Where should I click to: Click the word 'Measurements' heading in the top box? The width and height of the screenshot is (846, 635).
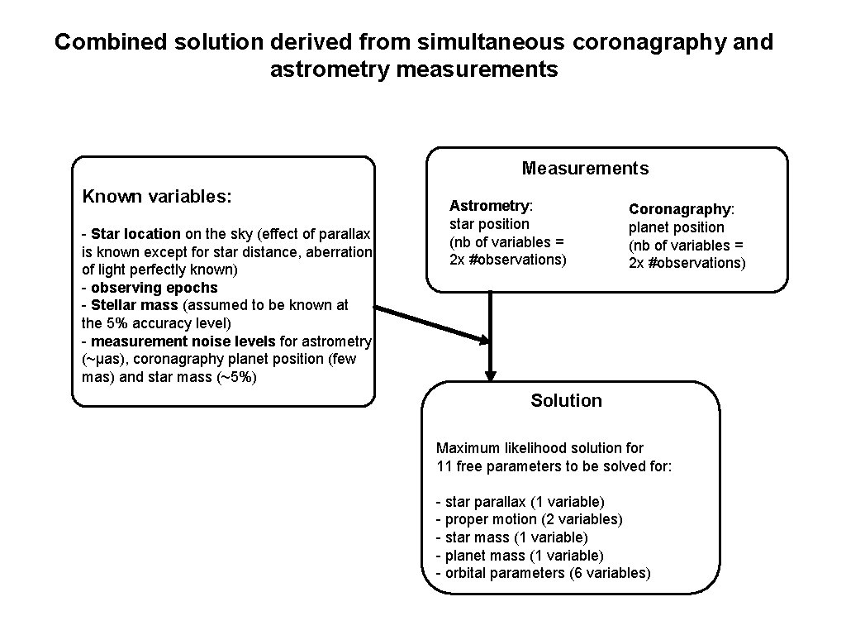coord(585,169)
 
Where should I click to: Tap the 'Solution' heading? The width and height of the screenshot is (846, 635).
coord(566,401)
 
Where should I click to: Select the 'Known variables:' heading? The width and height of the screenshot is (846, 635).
coord(157,197)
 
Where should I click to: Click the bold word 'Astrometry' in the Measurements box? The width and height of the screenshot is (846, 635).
coord(489,205)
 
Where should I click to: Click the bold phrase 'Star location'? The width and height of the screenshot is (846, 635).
coord(135,234)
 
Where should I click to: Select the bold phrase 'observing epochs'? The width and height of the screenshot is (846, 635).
coord(154,288)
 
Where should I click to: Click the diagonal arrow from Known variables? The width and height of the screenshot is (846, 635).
coord(430,324)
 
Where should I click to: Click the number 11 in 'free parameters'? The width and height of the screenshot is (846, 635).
coord(444,466)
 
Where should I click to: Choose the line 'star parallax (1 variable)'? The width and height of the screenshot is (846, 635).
coord(520,502)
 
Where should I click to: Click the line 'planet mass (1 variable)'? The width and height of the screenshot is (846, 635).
coord(520,556)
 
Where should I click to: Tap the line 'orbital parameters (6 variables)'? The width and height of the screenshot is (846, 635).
coord(543,573)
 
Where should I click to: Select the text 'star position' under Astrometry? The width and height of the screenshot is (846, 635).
coord(489,223)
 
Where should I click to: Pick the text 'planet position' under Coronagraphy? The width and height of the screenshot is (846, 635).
coord(676,227)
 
